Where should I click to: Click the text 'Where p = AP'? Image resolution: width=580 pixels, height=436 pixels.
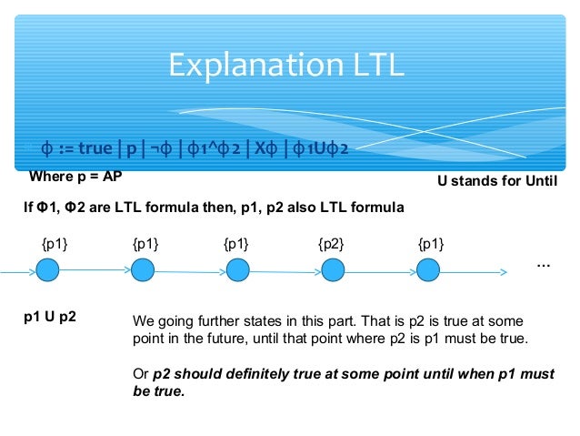click(x=76, y=176)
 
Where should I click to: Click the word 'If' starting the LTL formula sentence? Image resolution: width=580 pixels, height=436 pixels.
click(x=27, y=208)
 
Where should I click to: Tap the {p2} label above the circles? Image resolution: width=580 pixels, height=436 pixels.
click(x=331, y=244)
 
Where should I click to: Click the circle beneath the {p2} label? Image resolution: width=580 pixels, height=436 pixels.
click(x=334, y=270)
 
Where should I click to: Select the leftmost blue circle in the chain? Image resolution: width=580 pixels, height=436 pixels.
click(x=48, y=270)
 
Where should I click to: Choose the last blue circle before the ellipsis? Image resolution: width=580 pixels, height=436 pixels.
click(x=429, y=270)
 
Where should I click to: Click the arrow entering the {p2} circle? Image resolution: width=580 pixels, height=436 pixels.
click(x=285, y=270)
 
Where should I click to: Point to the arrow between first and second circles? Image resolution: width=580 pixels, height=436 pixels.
click(x=95, y=270)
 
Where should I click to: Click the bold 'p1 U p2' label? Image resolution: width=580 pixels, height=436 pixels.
click(x=50, y=317)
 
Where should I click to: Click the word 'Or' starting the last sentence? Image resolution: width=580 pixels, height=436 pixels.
click(x=140, y=374)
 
